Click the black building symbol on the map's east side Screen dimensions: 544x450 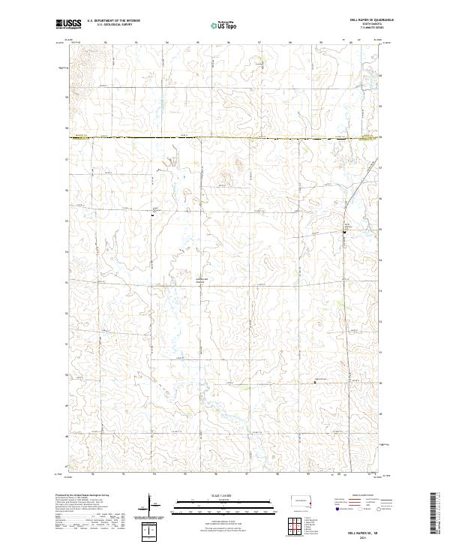pyautogui.click(x=344, y=232)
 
